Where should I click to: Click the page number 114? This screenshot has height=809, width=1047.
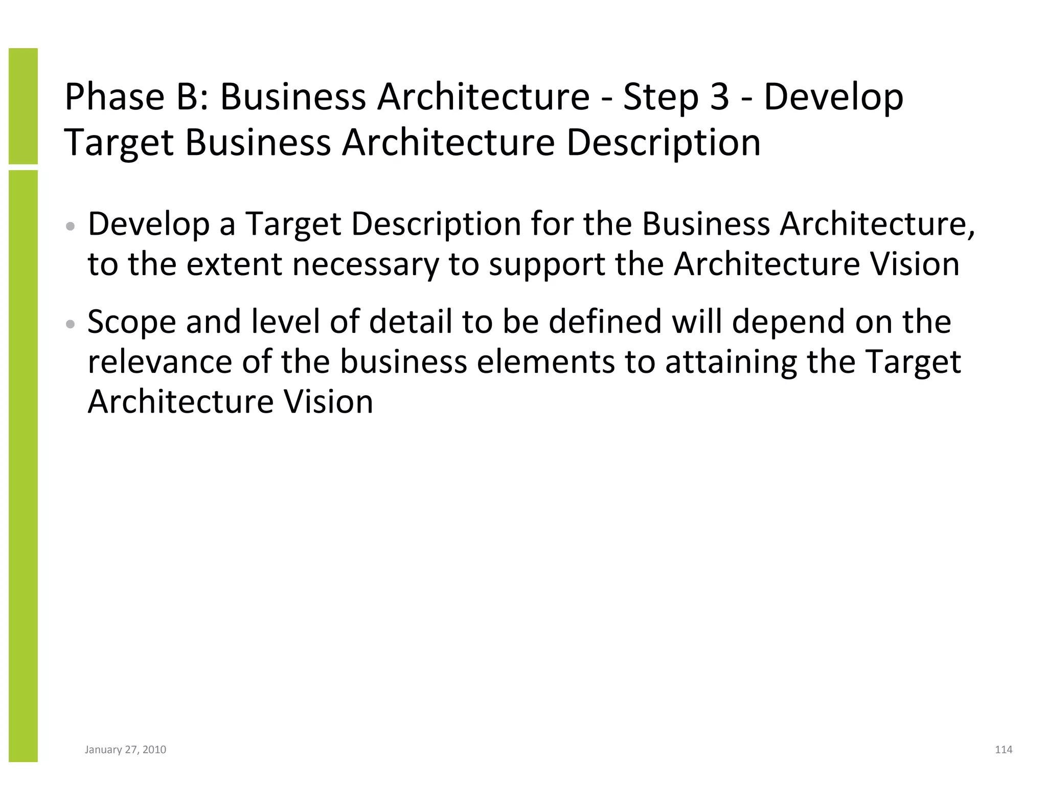[1004, 750]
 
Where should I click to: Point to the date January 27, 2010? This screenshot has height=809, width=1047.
[125, 750]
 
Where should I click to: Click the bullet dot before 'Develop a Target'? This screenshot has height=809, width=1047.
[72, 226]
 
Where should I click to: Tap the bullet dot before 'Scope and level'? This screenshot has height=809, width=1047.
[72, 324]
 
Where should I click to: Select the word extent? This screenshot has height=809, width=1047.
[234, 264]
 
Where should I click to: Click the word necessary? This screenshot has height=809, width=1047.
[365, 264]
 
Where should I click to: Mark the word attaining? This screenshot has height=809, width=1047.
[731, 362]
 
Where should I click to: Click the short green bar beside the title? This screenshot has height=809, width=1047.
[23, 106]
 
